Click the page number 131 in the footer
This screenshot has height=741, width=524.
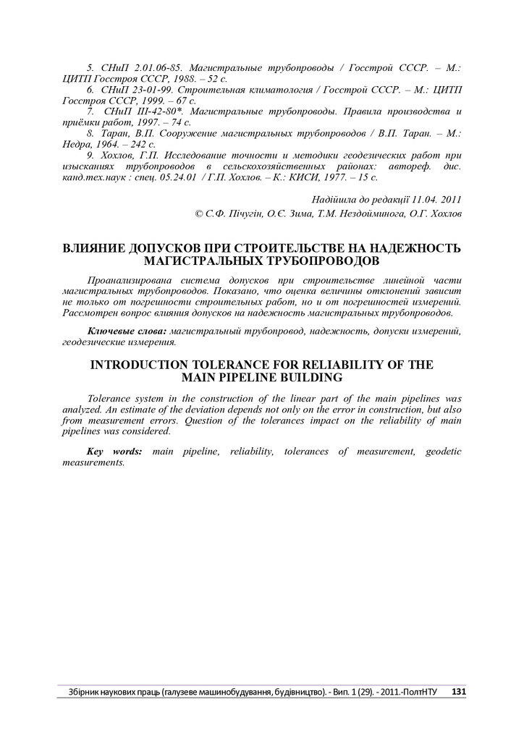click(458, 692)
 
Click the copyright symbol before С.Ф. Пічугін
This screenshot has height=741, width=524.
click(199, 213)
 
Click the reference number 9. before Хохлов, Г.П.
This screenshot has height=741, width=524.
click(90, 156)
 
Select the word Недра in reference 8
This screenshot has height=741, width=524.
click(78, 145)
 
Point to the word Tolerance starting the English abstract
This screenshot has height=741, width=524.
click(109, 399)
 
